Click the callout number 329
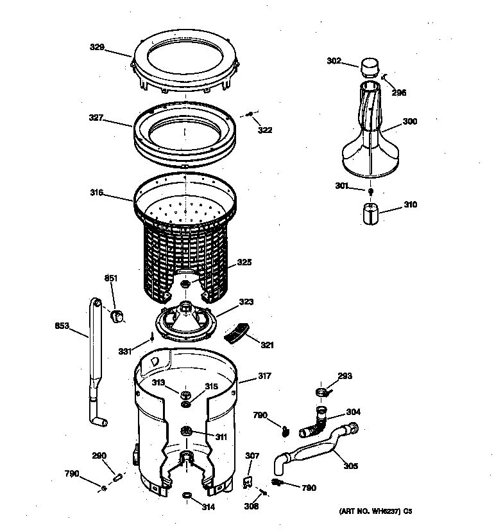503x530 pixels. [x=97, y=48]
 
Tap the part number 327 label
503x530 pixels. [x=97, y=118]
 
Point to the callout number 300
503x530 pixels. [x=409, y=121]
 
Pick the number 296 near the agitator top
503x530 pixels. [x=398, y=93]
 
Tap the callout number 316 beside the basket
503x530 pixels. [x=97, y=191]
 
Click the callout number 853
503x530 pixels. [x=62, y=325]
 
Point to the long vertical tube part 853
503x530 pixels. [x=95, y=360]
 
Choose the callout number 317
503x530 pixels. [x=264, y=377]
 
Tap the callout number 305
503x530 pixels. [x=350, y=466]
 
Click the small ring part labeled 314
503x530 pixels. [x=187, y=495]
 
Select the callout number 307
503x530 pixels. [x=252, y=456]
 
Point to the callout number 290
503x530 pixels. [x=99, y=456]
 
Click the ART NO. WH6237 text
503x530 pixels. [x=375, y=511]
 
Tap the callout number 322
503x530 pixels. [x=265, y=130]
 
